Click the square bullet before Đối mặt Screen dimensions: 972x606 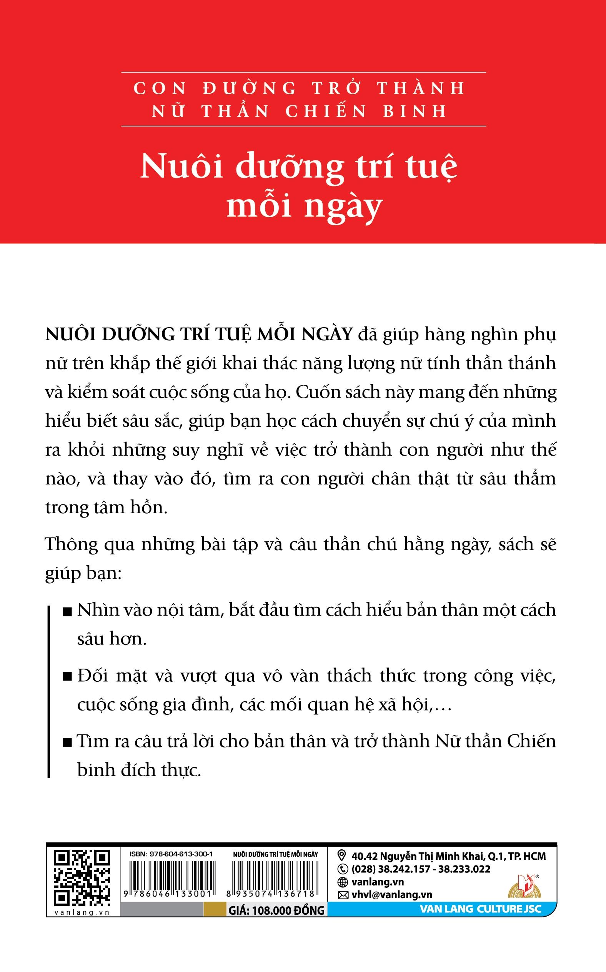(68, 678)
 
